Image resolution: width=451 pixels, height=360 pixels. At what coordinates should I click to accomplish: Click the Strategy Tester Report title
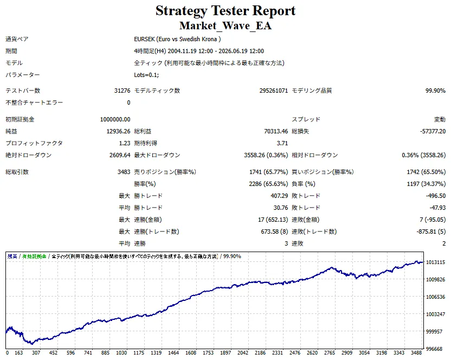[x=225, y=11]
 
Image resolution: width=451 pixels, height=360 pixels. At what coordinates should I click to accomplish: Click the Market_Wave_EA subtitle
[x=225, y=26]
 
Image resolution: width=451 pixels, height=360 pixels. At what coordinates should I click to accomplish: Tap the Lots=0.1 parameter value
[x=146, y=75]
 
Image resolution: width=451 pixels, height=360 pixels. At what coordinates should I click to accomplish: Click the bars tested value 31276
[x=123, y=91]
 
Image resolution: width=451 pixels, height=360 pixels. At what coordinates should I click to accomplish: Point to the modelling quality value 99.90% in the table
[x=435, y=91]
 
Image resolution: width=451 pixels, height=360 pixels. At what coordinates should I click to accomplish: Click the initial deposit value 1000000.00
[x=115, y=119]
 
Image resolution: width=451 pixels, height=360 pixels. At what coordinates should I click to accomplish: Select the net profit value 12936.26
[x=118, y=131]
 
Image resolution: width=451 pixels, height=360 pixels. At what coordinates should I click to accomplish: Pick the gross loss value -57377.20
[x=433, y=131]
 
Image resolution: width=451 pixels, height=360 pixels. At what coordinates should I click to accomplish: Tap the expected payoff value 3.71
[x=282, y=143]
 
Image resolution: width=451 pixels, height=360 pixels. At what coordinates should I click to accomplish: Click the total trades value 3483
[x=124, y=172]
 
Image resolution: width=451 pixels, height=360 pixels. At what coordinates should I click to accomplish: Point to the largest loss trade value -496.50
[x=436, y=196]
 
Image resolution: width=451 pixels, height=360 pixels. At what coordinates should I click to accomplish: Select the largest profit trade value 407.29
[x=279, y=196]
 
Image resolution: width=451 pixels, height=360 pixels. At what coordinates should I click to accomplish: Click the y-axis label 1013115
[x=435, y=262]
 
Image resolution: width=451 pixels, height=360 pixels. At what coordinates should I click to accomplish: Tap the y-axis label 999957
[x=434, y=331]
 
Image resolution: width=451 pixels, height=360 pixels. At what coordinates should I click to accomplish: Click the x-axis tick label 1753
[x=208, y=353]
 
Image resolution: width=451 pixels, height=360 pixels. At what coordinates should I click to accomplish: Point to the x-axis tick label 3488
[x=416, y=353]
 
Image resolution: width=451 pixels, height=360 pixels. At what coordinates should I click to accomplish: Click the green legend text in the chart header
[x=34, y=256]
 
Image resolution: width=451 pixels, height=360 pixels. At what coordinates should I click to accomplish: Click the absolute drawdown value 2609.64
[x=120, y=155]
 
